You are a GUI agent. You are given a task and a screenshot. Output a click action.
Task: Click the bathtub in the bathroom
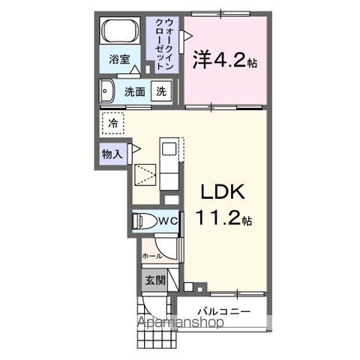point(120,31)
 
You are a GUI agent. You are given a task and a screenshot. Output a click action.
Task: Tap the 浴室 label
point(119,59)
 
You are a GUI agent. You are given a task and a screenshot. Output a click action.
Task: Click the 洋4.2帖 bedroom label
point(225,59)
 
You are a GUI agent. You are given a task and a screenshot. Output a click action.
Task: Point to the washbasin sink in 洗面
point(107,91)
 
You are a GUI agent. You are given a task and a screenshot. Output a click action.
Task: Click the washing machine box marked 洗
point(161,91)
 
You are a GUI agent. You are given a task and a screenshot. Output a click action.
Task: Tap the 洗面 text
point(135,91)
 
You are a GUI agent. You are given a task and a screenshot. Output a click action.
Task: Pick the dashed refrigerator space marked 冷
point(112,123)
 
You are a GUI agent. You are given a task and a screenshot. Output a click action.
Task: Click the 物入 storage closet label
point(112,154)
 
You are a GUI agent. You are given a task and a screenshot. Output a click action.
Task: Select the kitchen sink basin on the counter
point(169,149)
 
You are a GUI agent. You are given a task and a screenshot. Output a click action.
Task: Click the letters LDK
point(223,192)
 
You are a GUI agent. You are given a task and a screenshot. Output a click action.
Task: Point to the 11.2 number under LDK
point(219,217)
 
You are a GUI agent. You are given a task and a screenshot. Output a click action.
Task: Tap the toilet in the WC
point(143,221)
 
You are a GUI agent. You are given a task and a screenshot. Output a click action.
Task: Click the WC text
point(168,221)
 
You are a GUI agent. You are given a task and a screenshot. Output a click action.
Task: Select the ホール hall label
point(152,256)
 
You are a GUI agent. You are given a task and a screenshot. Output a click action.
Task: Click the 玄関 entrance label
point(155,280)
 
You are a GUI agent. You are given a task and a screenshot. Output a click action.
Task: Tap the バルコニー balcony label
point(224,311)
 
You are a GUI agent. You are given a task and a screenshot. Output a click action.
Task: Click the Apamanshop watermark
point(180,322)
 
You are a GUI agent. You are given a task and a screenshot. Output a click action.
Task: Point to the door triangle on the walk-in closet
point(188,36)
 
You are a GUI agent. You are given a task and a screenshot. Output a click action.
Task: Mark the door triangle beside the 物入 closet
point(136,148)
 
